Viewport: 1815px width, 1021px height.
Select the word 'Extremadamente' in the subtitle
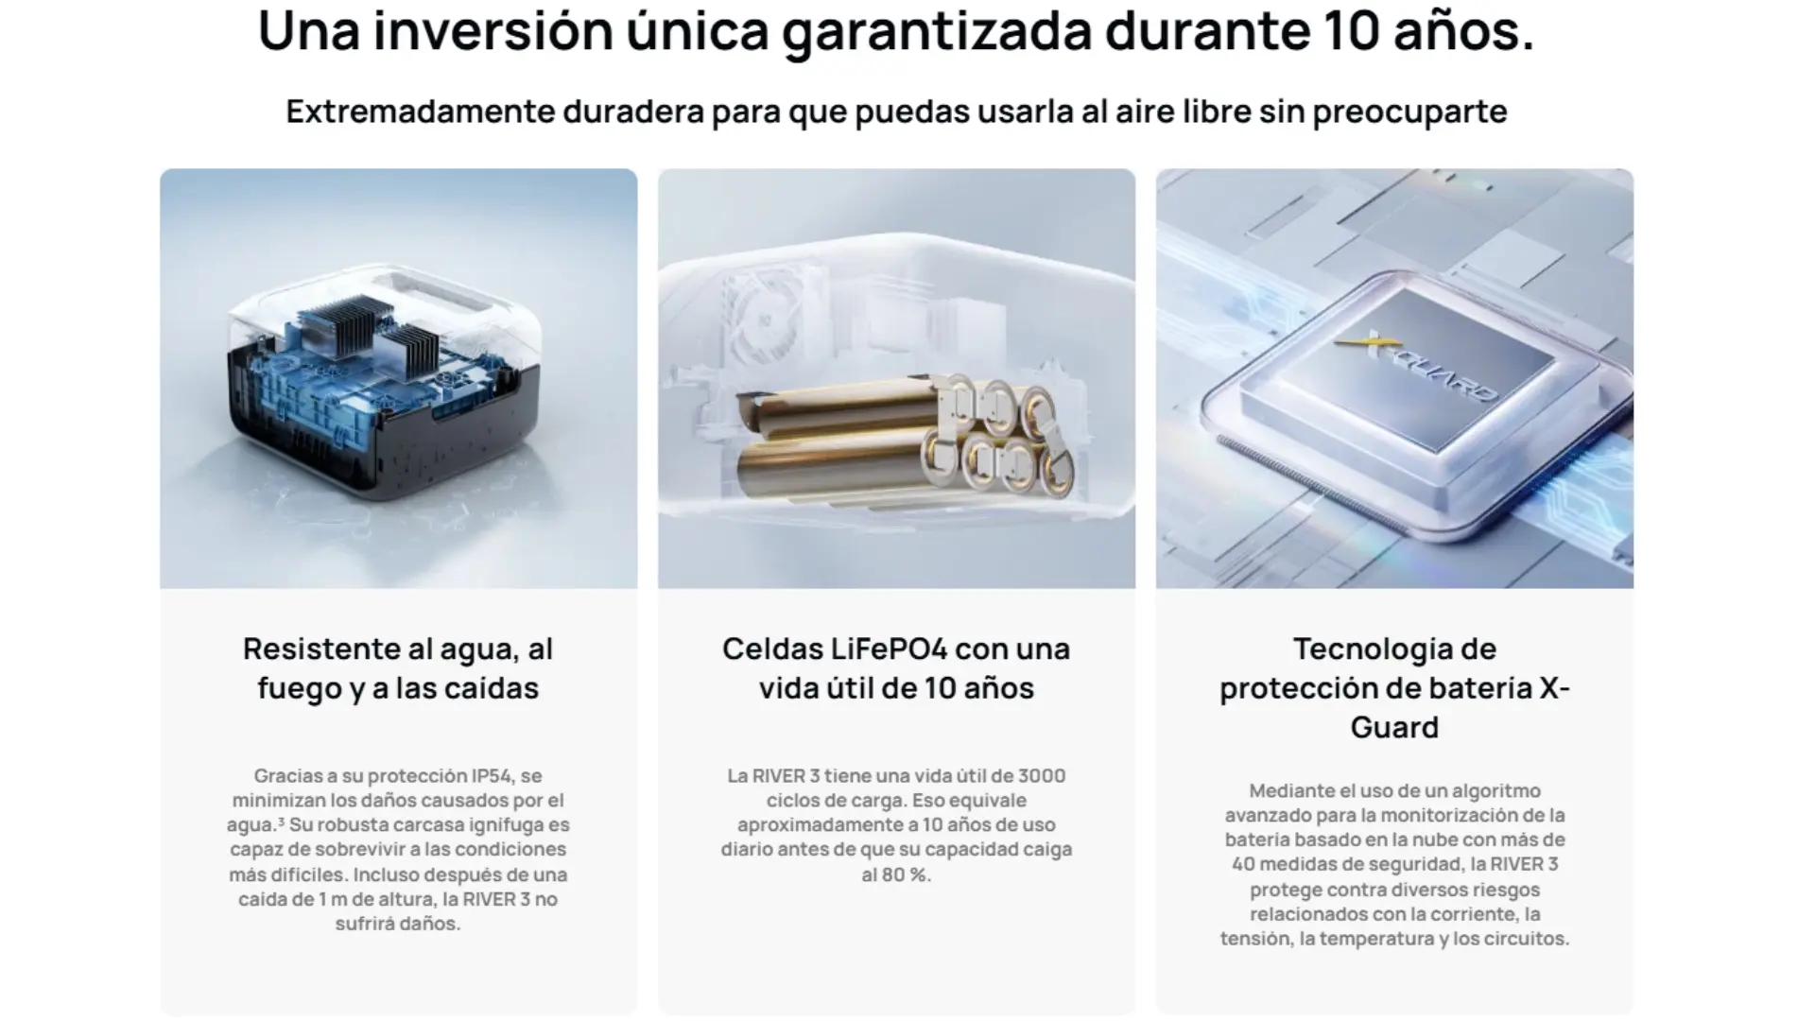click(x=420, y=111)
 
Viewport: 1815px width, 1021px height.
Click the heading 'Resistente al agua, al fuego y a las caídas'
click(x=398, y=668)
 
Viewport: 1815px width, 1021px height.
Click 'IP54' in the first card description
click(x=492, y=776)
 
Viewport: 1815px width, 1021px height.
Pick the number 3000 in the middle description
click(x=1042, y=776)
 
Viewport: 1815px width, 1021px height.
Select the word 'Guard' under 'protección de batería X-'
click(x=1394, y=727)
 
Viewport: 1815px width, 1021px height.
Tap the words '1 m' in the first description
click(x=335, y=899)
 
